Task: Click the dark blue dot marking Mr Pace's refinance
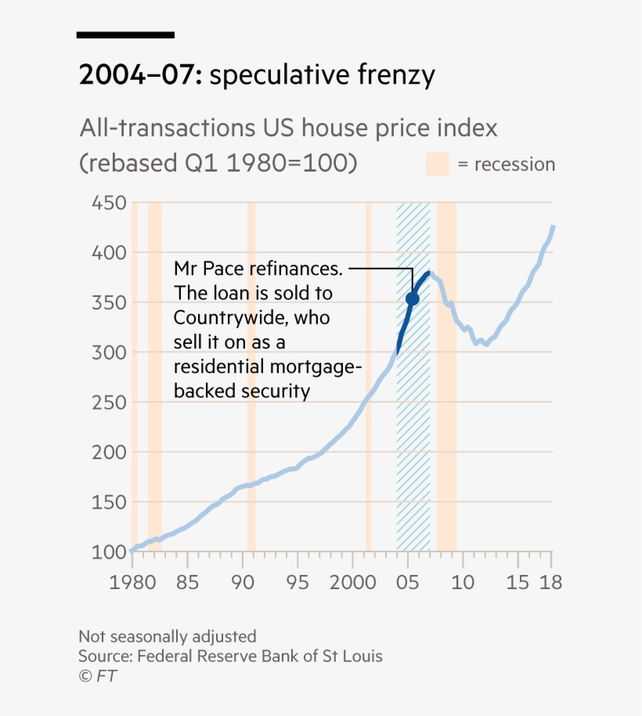click(413, 298)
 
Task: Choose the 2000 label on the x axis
click(352, 584)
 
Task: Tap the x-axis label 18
click(551, 584)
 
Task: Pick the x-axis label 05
click(407, 584)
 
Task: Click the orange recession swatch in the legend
click(437, 165)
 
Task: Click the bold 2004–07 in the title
click(140, 76)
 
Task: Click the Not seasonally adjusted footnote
click(167, 636)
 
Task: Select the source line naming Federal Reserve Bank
click(230, 656)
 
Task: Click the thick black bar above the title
click(125, 34)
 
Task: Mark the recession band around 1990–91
click(251, 376)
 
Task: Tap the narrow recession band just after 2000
click(368, 376)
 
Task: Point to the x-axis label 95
click(298, 584)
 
